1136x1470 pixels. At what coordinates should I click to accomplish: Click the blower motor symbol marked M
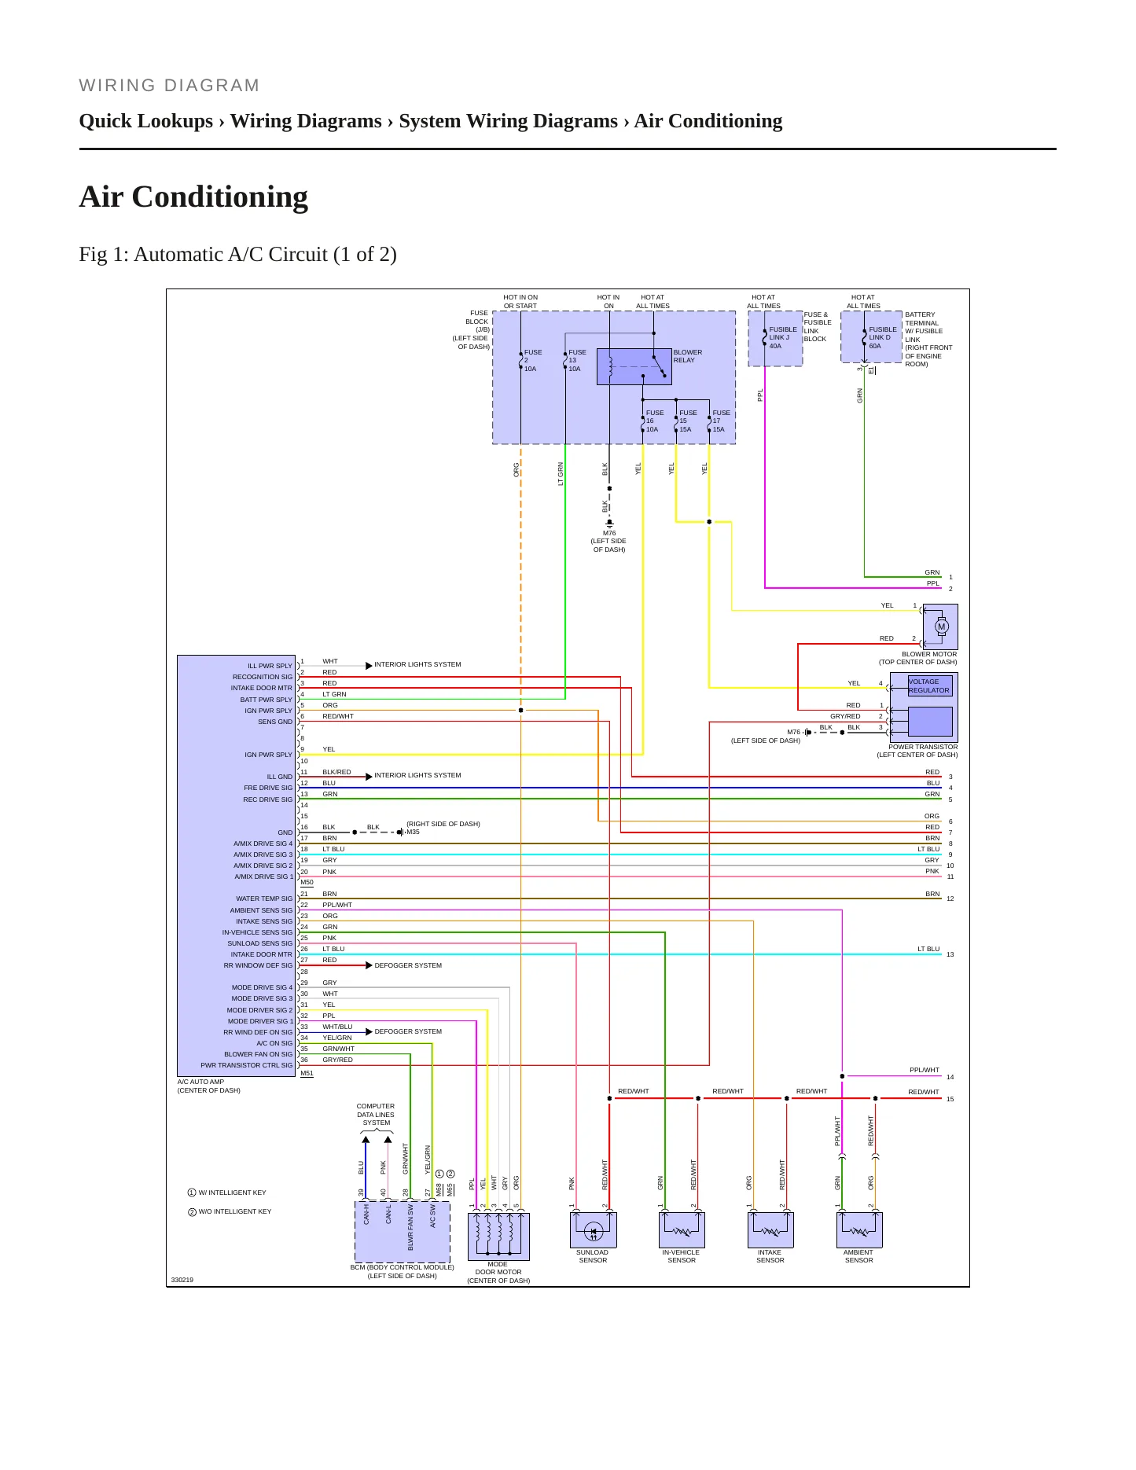tap(941, 627)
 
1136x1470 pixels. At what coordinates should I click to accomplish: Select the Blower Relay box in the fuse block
tap(634, 366)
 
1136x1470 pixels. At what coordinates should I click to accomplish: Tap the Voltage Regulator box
tap(930, 685)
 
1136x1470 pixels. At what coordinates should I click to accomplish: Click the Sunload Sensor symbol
tap(594, 1229)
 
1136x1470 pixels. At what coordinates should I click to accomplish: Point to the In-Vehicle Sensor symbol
tap(682, 1229)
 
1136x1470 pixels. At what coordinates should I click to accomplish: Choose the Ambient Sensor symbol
tap(859, 1229)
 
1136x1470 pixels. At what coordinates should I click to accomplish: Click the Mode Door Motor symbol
tap(498, 1237)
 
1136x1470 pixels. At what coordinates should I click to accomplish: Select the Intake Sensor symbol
tap(770, 1229)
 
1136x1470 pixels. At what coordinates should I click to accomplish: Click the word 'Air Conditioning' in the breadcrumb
tap(708, 121)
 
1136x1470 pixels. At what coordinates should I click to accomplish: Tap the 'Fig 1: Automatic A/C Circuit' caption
tap(237, 255)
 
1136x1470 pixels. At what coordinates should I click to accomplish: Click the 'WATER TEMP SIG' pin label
tap(264, 899)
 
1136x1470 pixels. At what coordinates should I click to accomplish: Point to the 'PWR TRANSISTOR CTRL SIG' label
tap(246, 1065)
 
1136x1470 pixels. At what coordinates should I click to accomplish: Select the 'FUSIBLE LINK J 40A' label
tap(783, 338)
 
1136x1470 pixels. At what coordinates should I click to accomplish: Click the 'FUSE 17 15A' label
tap(721, 421)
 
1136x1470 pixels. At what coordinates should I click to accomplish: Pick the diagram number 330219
tap(182, 1280)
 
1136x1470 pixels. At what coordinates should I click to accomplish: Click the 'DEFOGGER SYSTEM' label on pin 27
tap(408, 965)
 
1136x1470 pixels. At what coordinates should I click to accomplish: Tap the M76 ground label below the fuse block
tap(609, 533)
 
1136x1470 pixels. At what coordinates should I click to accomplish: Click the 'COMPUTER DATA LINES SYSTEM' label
tap(376, 1115)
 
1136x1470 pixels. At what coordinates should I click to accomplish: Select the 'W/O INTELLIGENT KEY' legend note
tap(230, 1211)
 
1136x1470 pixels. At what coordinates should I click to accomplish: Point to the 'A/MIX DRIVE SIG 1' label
tap(263, 876)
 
